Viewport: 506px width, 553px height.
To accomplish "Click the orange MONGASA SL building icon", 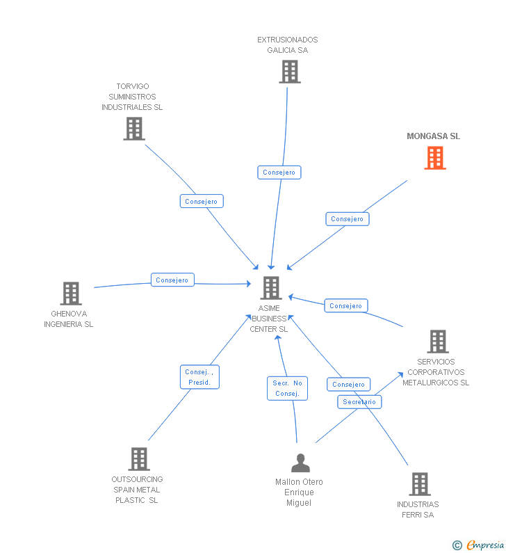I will tap(435, 158).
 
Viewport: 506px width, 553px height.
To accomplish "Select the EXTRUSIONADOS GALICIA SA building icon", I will tap(289, 72).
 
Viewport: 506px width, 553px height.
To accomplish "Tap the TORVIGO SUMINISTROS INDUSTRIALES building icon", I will tap(133, 129).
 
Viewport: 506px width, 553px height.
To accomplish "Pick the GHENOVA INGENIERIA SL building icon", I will tap(70, 294).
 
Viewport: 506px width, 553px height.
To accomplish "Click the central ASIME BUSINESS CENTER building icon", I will tap(270, 287).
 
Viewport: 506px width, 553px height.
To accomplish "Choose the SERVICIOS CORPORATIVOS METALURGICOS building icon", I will tap(437, 342).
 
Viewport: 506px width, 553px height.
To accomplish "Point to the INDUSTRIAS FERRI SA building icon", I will tap(419, 484).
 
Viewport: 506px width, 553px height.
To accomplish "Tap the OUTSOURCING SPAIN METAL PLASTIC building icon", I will tap(139, 459).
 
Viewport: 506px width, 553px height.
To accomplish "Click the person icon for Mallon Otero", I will tap(300, 463).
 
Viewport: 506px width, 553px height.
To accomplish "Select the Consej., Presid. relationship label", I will tap(199, 377).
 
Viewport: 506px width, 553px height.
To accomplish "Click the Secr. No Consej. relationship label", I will tap(287, 388).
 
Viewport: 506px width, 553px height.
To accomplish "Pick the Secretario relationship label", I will tap(359, 402).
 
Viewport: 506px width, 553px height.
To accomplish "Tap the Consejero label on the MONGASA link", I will tap(347, 218).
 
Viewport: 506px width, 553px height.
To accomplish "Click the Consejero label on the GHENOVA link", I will tap(172, 280).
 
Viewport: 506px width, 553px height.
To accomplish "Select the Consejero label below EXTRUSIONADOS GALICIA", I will tap(279, 172).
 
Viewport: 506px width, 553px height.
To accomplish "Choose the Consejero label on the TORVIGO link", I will tap(202, 201).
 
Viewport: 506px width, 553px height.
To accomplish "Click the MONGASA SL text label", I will tap(433, 136).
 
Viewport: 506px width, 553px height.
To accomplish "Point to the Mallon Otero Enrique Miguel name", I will tap(299, 492).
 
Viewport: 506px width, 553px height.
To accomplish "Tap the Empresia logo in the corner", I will tap(485, 545).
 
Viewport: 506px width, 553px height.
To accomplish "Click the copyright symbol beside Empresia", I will tap(457, 545).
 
